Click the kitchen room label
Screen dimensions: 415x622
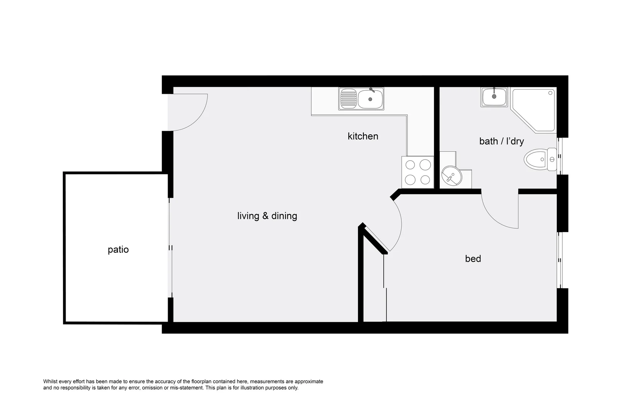363,136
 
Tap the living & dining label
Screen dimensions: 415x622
267,216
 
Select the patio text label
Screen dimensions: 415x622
118,250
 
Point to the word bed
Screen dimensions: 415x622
473,259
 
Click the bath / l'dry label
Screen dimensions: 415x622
501,141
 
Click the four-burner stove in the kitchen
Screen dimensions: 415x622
417,172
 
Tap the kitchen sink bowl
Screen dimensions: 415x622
370,99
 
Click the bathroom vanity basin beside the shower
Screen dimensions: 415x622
494,96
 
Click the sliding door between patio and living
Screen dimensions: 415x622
170,248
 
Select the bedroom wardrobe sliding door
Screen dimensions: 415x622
385,288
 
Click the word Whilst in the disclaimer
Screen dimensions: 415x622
51,382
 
